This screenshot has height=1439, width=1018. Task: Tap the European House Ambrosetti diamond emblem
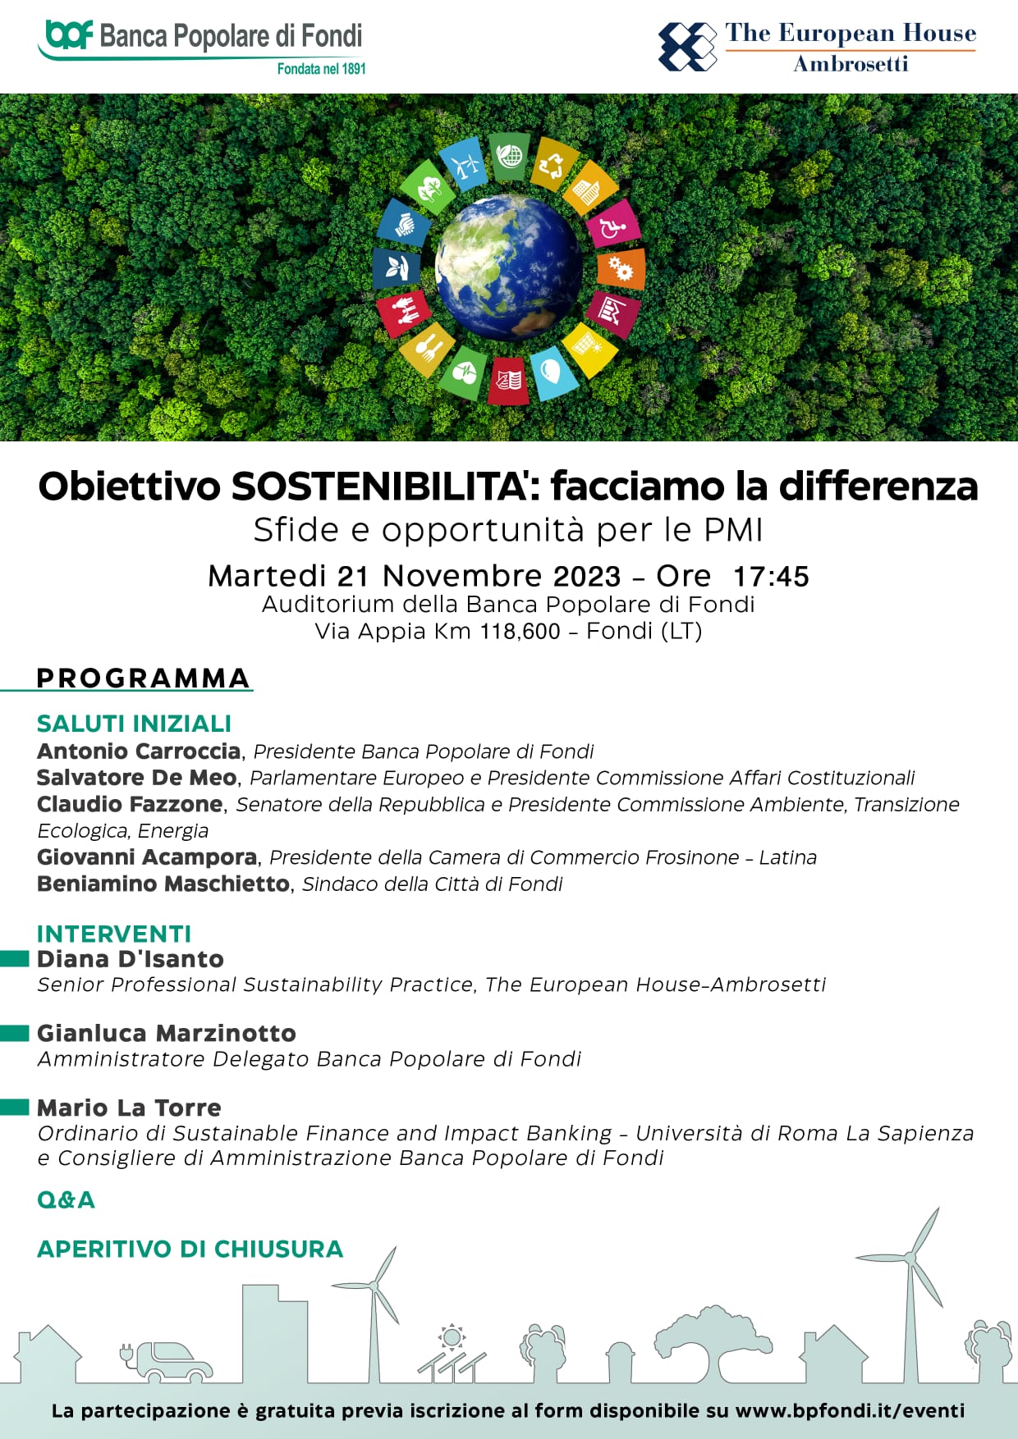687,47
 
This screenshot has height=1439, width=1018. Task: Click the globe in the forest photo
509,267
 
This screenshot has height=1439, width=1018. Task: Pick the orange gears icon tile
621,269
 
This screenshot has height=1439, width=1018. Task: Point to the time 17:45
771,576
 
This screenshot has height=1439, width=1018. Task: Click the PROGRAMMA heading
143,678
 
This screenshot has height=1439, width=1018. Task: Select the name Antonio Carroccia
139,751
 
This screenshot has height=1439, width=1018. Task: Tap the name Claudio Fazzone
130,804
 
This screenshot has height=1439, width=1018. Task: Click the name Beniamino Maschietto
163,884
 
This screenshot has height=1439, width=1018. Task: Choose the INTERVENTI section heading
114,934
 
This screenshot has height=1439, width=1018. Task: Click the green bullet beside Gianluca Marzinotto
15,1034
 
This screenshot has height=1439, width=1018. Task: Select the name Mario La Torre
129,1108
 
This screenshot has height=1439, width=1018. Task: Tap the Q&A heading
66,1200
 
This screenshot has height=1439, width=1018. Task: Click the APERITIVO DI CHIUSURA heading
190,1249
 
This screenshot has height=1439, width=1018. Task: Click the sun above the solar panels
451,1338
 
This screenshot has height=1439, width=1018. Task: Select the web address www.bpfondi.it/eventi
850,1411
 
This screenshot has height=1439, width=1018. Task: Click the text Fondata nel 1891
321,69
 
